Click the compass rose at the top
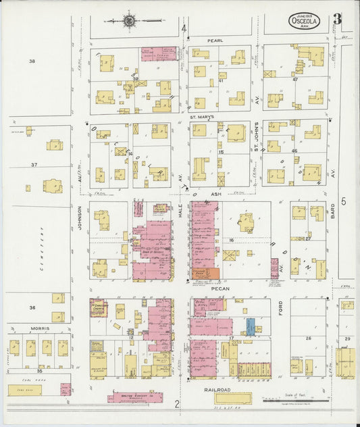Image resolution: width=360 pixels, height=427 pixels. [129, 21]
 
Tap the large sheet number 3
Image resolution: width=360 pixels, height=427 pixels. [337, 20]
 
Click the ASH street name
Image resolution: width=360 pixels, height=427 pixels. [216, 193]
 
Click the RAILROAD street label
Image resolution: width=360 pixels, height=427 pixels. [213, 390]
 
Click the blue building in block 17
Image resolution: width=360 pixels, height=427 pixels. [250, 327]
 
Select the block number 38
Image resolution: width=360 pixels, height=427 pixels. [31, 61]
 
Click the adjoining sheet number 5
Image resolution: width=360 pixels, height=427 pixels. [343, 201]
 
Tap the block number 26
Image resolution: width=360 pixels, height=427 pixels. [308, 338]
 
